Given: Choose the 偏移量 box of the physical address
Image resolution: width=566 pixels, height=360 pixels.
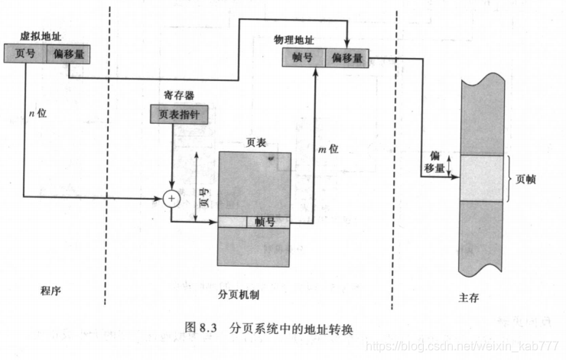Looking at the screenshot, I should (346, 58).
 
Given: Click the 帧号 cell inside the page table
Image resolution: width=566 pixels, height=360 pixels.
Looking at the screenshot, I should (267, 222).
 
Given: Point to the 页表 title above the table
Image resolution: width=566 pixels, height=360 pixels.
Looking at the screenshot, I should (255, 142).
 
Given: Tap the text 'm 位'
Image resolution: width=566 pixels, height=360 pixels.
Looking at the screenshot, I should (328, 149).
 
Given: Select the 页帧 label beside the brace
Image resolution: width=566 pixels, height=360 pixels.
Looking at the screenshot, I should (527, 179).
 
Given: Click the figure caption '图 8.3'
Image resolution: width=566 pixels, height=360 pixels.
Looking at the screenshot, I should (201, 327).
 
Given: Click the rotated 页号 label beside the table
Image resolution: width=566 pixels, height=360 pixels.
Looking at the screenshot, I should (204, 198).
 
